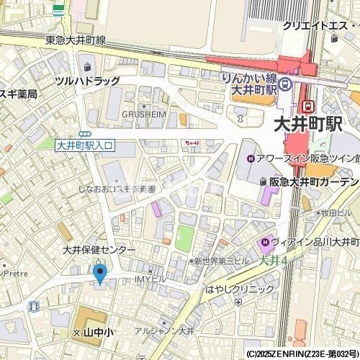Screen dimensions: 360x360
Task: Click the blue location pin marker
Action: click(x=100, y=273)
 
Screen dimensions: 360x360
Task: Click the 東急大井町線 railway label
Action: click(x=75, y=40)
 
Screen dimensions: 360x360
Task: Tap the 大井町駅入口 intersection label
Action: click(x=84, y=145)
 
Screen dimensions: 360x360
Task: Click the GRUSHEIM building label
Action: click(x=144, y=114)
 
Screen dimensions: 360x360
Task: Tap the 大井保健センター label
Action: click(x=98, y=250)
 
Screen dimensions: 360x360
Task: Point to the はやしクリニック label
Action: click(x=240, y=289)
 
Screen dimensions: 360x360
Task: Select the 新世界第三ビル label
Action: click(x=221, y=261)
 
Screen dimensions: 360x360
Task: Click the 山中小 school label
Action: click(x=98, y=333)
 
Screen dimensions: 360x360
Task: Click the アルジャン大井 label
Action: click(x=164, y=331)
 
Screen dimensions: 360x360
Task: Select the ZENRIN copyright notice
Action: click(x=302, y=354)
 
